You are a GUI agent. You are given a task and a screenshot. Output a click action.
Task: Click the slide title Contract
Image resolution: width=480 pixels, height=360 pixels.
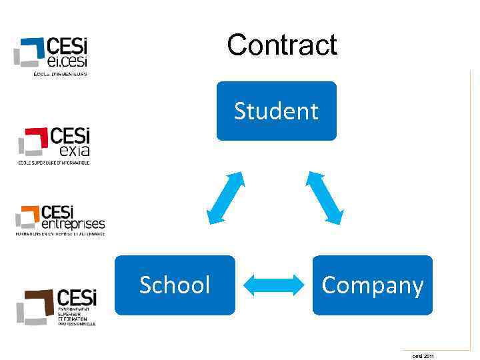pos(282,45)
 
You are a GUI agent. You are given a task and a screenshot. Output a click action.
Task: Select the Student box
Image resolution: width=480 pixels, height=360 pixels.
pos(276,111)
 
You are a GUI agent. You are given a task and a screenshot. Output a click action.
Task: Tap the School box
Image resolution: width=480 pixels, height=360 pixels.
pos(175,285)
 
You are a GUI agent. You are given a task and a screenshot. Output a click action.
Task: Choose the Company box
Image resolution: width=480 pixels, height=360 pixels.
pos(372,285)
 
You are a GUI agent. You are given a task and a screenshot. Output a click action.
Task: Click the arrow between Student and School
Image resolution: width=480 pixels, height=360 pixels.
pos(225,197)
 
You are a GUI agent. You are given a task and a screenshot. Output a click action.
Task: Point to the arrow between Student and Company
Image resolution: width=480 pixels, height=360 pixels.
pos(325,197)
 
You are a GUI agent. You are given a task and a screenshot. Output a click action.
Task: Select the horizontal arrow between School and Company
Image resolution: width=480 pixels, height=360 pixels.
pos(274,285)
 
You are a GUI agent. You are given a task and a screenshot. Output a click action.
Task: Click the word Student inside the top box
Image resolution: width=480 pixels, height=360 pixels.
pos(276,111)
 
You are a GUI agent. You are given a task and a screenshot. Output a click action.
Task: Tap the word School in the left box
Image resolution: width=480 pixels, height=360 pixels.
pos(175,285)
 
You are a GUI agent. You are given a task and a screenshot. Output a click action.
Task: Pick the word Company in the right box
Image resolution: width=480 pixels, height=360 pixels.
pos(372,285)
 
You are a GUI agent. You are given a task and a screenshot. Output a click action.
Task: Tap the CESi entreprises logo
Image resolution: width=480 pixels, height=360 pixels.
pos(60,220)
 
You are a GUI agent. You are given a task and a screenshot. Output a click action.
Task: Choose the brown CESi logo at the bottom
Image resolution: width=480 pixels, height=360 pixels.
pos(57,305)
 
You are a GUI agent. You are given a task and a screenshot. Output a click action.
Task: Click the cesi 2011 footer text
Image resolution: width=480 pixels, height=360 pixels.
pos(423,356)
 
